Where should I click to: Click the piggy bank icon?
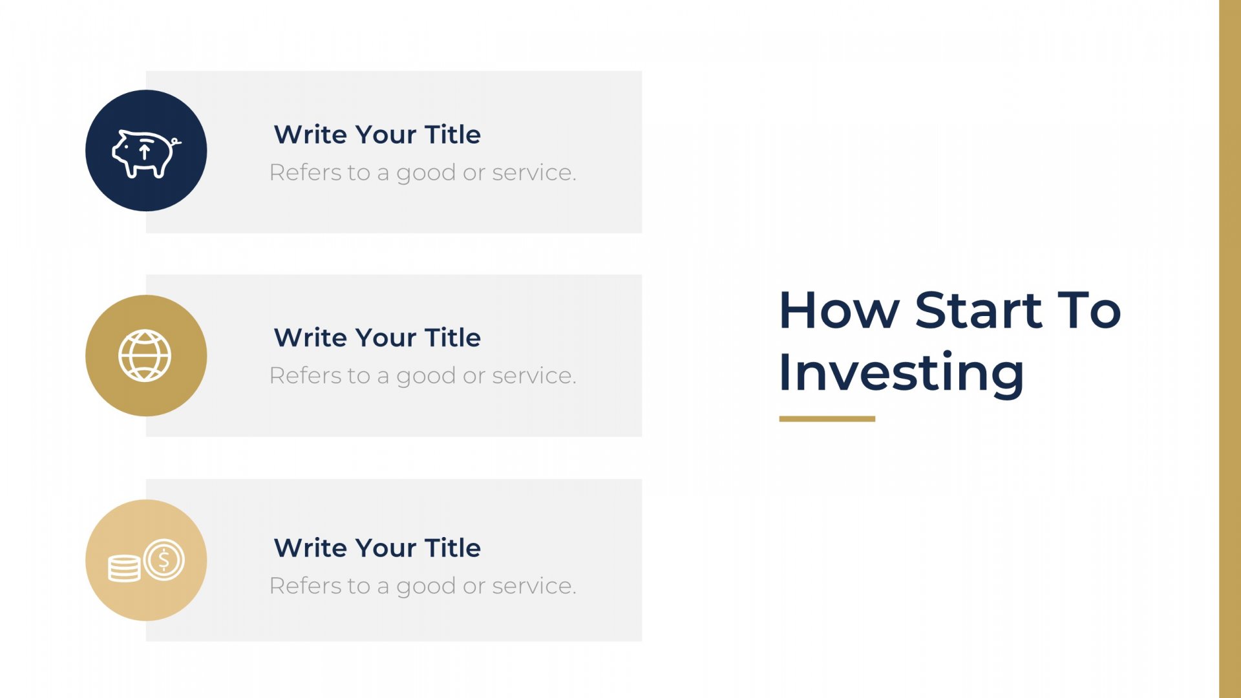point(146,153)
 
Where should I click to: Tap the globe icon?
point(145,355)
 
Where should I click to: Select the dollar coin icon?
point(164,560)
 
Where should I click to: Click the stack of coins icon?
point(124,569)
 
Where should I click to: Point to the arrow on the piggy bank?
point(145,152)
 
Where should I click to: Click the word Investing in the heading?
point(902,373)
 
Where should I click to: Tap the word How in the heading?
point(839,311)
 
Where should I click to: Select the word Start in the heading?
point(979,310)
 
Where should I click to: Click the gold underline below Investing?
point(827,419)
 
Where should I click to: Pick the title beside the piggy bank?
point(377,134)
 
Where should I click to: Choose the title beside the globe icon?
point(377,337)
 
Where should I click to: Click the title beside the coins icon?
point(377,547)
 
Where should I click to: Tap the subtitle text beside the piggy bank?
point(423,173)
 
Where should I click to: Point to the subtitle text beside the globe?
point(423,376)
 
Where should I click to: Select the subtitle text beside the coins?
point(423,586)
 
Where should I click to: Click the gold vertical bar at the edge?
point(1230,349)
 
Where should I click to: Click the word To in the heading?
point(1089,310)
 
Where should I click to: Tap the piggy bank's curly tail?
point(176,142)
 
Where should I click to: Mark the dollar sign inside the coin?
point(164,560)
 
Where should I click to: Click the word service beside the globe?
point(534,375)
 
